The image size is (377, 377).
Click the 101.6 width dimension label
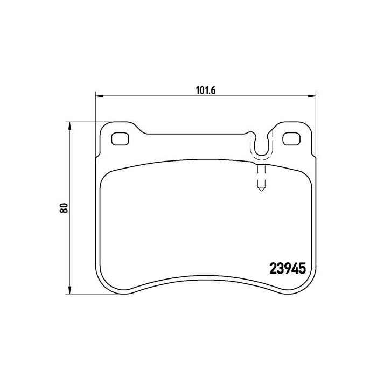coord(206,90)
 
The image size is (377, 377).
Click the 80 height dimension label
coord(64,208)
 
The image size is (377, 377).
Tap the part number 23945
coord(288,268)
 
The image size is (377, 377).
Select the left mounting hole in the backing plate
coord(120,139)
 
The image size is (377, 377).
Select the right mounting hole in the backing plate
coord(291,139)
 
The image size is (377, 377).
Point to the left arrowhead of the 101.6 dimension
coord(99,96)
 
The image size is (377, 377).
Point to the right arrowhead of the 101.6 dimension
coord(312,96)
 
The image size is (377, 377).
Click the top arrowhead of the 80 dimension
coord(69,125)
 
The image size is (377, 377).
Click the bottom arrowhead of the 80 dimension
coord(69,290)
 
